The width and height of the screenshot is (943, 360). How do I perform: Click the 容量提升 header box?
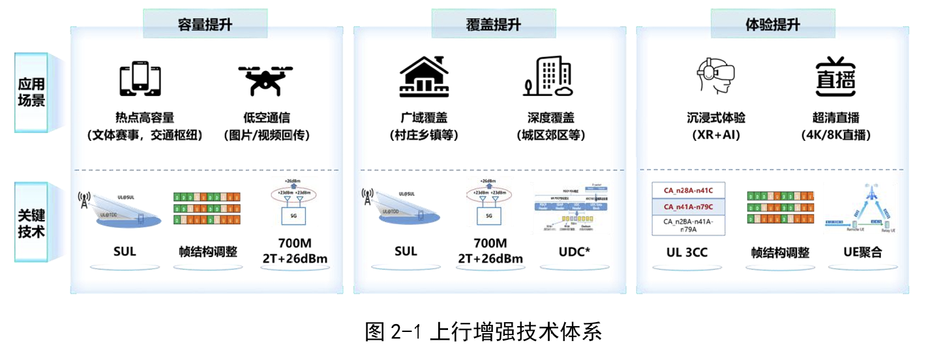point(205,24)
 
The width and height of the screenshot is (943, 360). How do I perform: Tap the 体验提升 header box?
point(772,24)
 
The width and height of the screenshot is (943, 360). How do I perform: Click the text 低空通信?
point(266,118)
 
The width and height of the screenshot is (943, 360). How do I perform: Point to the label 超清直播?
point(835,118)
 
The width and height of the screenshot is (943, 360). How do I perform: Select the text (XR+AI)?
point(715,136)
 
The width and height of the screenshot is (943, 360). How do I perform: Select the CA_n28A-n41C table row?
point(687,190)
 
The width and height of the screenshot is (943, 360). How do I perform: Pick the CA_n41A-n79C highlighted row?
point(687,207)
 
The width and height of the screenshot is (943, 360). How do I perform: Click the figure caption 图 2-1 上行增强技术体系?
point(483,332)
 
